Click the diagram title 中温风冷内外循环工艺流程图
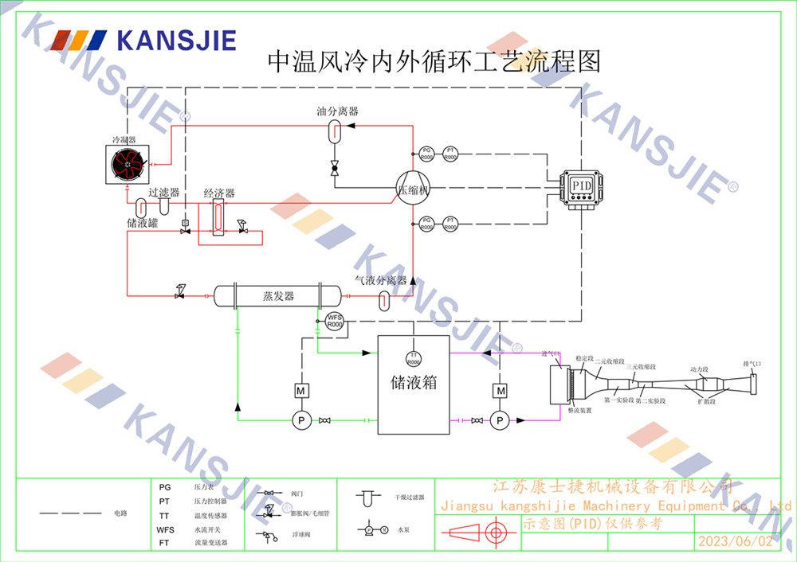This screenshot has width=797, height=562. pyautogui.click(x=434, y=61)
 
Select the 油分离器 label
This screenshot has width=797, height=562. pyautogui.click(x=337, y=111)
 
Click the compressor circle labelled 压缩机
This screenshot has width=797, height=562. pyautogui.click(x=413, y=191)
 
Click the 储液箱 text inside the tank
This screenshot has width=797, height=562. pyautogui.click(x=414, y=382)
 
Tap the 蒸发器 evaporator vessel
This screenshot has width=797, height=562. pyautogui.click(x=278, y=296)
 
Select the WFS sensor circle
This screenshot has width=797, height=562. pyautogui.click(x=335, y=322)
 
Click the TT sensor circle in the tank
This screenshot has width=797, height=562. pyautogui.click(x=414, y=358)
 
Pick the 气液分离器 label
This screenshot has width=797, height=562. pyautogui.click(x=381, y=280)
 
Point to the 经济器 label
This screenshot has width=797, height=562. pyautogui.click(x=218, y=193)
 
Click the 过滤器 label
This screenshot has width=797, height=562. pyautogui.click(x=163, y=193)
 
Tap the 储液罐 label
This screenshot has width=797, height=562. pyautogui.click(x=143, y=223)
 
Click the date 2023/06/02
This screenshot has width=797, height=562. pyautogui.click(x=735, y=541)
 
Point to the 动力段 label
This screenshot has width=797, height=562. pyautogui.click(x=699, y=369)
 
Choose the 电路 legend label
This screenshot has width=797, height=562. pyautogui.click(x=120, y=514)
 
